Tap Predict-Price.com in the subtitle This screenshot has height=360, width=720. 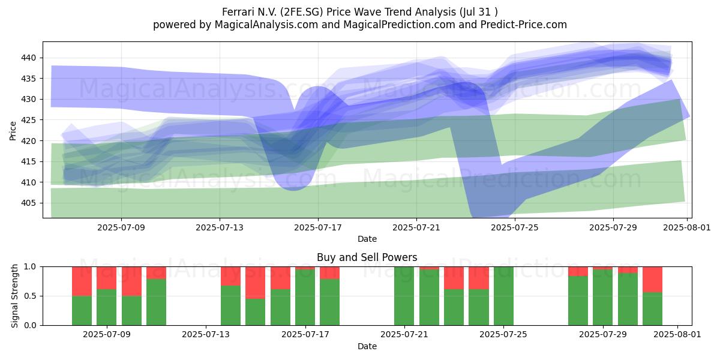coord(524,25)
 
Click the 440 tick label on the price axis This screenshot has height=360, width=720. coord(28,58)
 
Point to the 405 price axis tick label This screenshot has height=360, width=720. coord(28,203)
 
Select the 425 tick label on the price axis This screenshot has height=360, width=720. coord(28,120)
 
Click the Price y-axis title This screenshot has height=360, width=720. coord(13,131)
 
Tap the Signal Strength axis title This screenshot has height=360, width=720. coord(14,296)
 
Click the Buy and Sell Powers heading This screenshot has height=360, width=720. coord(367,257)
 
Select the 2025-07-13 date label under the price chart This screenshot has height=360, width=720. coord(220,227)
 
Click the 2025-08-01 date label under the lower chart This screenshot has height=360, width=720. coord(677,335)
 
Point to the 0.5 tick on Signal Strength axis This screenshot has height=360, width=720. coord(30,296)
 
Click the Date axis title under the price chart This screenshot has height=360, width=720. coord(367,239)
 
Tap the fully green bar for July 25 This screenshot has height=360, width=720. coord(503,296)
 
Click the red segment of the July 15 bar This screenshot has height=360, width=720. coord(255,283)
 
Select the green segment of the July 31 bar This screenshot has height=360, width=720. coord(653,309)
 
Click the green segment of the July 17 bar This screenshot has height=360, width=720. coord(330,302)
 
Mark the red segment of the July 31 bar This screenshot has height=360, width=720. coord(653,280)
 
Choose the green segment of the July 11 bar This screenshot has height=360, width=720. coord(156,302)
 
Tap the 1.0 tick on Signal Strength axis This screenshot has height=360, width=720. coord(30,267)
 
